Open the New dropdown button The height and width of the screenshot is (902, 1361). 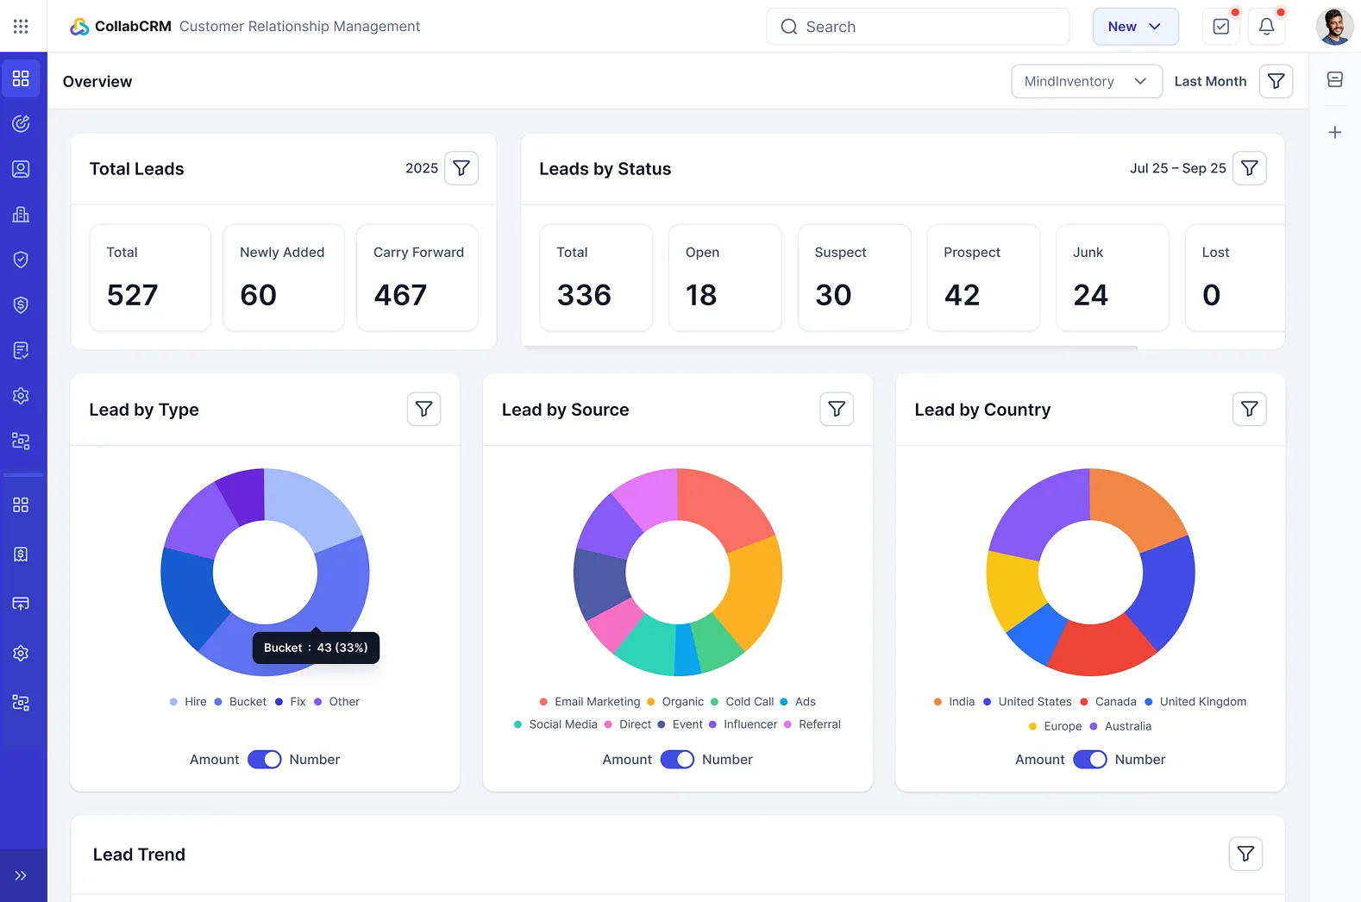1135,27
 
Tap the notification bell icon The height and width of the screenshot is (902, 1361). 1266,27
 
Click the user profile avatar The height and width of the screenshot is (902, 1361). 1333,27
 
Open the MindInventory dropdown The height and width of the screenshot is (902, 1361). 1086,81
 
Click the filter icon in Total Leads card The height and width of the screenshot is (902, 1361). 461,168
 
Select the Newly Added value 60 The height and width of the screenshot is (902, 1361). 258,295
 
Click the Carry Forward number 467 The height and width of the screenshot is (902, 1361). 400,295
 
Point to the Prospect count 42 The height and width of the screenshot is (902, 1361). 962,295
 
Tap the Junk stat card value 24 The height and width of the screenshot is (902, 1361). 1090,295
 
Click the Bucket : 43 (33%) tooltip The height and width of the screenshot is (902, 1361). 316,648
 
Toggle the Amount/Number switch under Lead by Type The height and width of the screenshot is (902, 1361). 264,760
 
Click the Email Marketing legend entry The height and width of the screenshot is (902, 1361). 590,702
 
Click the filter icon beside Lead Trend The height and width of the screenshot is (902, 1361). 1245,854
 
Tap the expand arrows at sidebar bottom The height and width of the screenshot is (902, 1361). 21,875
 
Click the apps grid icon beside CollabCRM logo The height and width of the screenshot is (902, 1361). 21,27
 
